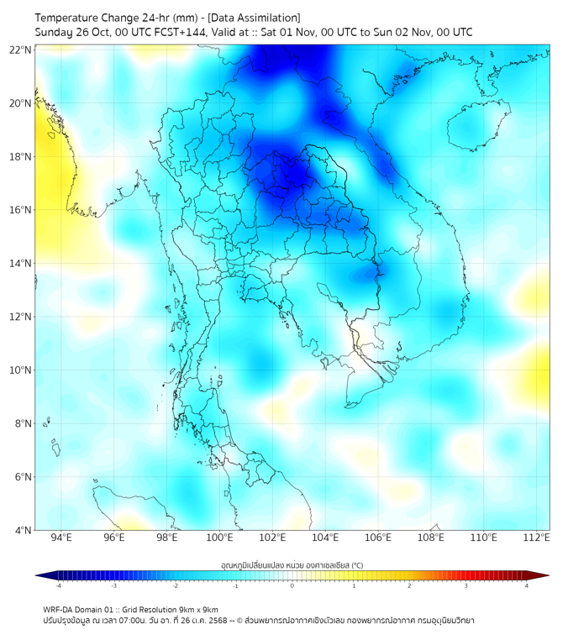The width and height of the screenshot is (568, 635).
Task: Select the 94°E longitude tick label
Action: (61, 538)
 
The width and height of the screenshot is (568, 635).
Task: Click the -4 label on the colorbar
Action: (58, 585)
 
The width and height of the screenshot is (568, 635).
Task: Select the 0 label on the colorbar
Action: (292, 585)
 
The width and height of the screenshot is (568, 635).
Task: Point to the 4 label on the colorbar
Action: (527, 585)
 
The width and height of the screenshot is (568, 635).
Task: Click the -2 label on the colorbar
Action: (175, 585)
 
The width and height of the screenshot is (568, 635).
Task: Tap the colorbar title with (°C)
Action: (292, 565)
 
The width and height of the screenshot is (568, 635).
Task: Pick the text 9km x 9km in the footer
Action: (197, 609)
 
